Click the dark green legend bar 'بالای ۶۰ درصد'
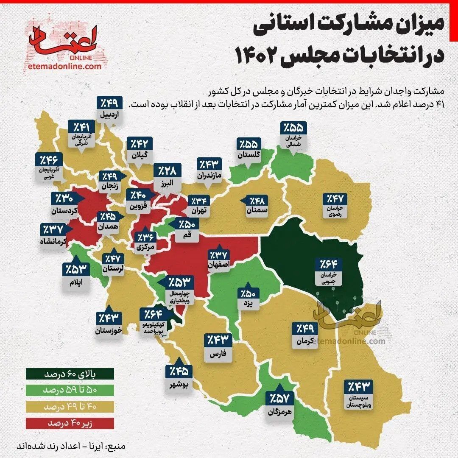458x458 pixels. [x=69, y=375]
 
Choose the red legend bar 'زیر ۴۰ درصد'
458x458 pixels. [x=69, y=423]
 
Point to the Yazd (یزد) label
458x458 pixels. [x=248, y=304]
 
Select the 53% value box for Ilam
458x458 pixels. [x=76, y=269]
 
